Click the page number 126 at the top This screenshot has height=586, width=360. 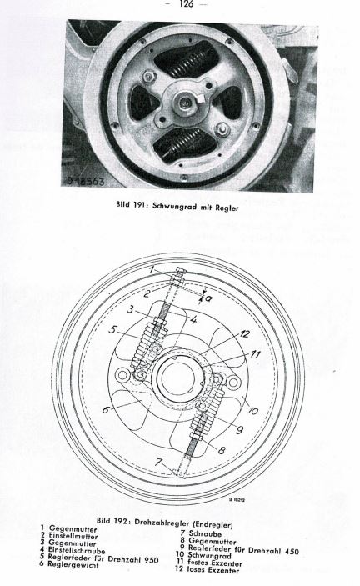tap(186, 4)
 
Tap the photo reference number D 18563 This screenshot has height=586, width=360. tap(87, 181)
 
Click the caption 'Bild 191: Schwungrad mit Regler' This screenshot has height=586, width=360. tap(177, 206)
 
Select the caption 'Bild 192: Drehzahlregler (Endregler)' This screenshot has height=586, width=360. tap(164, 522)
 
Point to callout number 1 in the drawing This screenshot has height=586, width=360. tap(151, 268)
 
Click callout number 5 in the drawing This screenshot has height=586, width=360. tap(113, 330)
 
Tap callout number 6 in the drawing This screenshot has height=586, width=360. tap(107, 409)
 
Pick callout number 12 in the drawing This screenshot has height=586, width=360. tap(245, 333)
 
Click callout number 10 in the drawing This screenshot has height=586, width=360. tap(253, 411)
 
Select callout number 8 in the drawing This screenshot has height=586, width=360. tap(222, 450)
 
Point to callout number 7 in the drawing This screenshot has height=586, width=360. tap(159, 463)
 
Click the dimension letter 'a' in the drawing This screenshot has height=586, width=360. tap(209, 298)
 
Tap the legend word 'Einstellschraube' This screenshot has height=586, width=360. tap(77, 551)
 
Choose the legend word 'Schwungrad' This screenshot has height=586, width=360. tap(209, 555)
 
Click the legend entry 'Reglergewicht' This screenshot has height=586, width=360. tap(73, 564)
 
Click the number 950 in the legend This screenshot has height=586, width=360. tap(150, 559)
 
